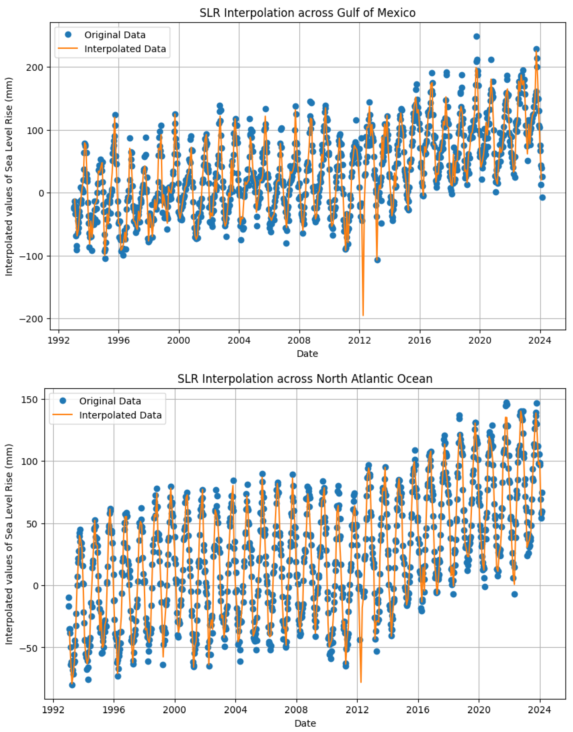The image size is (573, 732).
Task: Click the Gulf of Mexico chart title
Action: pos(307,13)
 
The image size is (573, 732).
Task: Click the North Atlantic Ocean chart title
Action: pos(305,379)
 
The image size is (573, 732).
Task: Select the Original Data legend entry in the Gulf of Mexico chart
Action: pos(114,35)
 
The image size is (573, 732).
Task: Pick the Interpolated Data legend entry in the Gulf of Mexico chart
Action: pos(125,49)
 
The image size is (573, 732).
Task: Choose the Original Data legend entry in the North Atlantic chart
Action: pos(110,401)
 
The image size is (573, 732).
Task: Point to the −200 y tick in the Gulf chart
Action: pos(33,319)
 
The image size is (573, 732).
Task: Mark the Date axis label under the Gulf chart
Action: pos(307,354)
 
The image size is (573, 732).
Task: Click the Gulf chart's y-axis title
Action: pos(9,177)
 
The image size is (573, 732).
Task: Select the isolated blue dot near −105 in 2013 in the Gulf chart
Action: pos(378,260)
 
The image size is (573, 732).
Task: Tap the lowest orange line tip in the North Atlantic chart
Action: pos(361,682)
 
